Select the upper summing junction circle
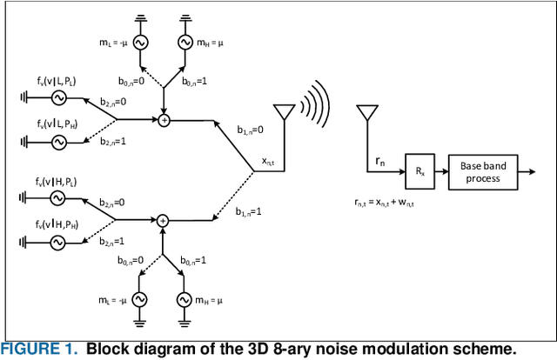(x=163, y=119)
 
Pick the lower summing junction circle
(x=163, y=221)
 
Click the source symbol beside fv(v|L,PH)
(x=59, y=141)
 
